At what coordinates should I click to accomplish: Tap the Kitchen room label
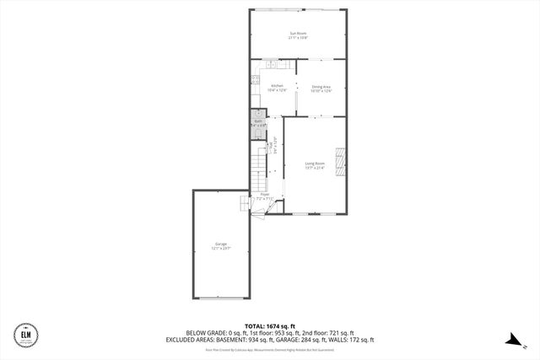(277, 85)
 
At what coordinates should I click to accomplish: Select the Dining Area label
(321, 85)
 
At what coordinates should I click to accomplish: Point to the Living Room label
(315, 163)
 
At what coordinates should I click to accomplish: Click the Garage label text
(219, 244)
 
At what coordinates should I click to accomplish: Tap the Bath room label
(258, 121)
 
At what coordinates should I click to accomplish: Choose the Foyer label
(265, 193)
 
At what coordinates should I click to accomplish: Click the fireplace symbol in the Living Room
(340, 162)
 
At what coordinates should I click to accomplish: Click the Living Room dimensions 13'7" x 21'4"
(315, 168)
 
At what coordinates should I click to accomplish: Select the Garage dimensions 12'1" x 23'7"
(219, 249)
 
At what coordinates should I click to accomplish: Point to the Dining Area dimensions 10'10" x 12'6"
(321, 90)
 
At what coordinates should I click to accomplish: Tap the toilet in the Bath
(257, 129)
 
